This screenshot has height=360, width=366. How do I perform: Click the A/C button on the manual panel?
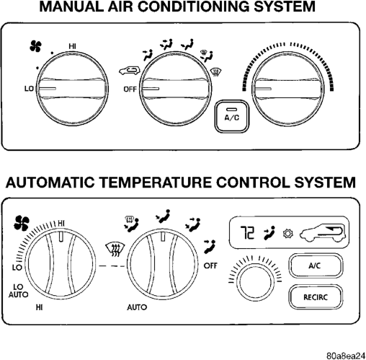(231, 116)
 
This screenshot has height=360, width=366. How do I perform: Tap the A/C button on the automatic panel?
(316, 265)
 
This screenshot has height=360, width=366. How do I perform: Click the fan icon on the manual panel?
(35, 46)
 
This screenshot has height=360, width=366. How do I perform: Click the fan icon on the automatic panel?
(22, 223)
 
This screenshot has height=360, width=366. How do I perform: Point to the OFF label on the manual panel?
(130, 89)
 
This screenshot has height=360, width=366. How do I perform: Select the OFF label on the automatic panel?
(210, 265)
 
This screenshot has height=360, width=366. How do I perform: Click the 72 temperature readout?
(247, 232)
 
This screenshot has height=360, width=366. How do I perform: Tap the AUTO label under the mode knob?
(137, 307)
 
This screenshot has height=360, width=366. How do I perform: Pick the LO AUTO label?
(18, 291)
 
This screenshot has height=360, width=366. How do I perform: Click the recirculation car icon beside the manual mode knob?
(129, 71)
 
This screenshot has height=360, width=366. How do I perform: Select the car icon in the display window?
(323, 233)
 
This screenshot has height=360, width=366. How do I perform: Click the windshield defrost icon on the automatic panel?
(115, 250)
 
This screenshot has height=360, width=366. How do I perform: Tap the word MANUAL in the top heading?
(71, 6)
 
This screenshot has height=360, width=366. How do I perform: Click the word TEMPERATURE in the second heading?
(156, 183)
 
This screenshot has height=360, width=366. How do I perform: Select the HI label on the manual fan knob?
(72, 46)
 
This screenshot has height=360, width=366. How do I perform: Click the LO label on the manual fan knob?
(29, 89)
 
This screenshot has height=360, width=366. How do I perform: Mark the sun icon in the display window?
(288, 234)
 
